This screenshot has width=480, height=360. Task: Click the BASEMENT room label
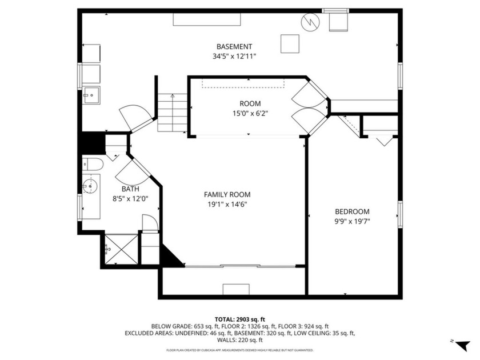234,46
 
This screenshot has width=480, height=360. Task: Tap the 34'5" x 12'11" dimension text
234,56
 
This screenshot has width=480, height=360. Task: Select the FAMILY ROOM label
227,194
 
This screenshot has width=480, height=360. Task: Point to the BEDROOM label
352,211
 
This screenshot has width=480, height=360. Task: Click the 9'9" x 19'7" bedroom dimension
352,221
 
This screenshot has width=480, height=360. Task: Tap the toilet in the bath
92,165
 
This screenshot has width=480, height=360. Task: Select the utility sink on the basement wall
91,94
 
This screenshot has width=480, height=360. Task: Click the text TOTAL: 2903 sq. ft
239,319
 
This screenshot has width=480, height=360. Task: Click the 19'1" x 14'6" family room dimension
227,204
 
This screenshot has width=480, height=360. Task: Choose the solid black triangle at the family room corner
172,255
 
